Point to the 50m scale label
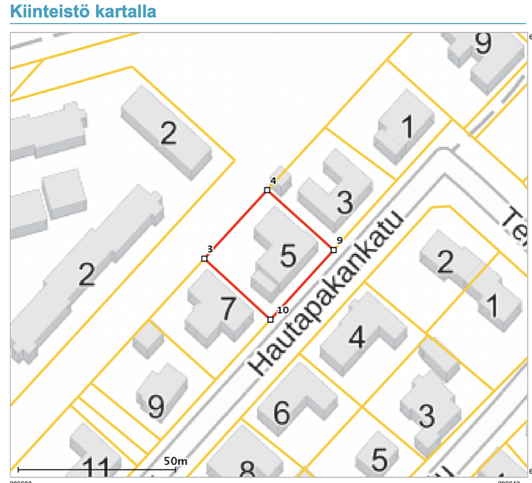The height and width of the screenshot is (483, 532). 175,461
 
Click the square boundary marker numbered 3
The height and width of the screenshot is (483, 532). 204,258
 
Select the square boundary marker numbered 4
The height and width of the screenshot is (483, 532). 267,190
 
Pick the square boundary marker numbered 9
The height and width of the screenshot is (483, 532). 333,250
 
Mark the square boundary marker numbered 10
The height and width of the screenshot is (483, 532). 270,319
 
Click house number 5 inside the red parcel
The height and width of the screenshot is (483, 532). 288,256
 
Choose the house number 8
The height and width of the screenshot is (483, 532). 247,470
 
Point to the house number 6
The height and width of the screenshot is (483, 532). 282,412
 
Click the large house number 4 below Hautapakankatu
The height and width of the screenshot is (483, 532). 357,337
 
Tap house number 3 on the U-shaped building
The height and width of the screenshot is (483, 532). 344,202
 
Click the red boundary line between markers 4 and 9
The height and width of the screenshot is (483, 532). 300,220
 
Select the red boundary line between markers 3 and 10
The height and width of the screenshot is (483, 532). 237,289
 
